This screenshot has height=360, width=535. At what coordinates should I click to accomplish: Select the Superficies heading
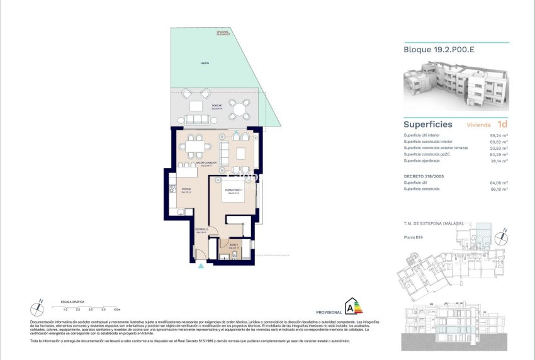[428, 124]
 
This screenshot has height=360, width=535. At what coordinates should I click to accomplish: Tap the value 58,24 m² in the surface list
[499, 135]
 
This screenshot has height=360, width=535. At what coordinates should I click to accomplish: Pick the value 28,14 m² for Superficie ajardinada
[499, 160]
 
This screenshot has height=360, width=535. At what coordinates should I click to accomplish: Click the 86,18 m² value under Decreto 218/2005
[499, 189]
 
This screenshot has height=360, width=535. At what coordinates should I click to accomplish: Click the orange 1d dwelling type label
[502, 124]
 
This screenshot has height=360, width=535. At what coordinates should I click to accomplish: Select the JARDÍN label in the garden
[205, 64]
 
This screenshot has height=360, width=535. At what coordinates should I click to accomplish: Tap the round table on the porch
[239, 110]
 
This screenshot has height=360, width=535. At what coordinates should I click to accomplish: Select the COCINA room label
[186, 189]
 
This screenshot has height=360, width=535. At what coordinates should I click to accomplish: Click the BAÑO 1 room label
[232, 246]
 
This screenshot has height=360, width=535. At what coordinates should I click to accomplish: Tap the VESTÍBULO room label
[201, 229]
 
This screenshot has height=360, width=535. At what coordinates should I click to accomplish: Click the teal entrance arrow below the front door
[201, 266]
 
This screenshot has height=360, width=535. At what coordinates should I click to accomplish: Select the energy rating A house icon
[352, 307]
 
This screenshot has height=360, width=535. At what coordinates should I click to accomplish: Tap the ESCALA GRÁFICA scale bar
[88, 306]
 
